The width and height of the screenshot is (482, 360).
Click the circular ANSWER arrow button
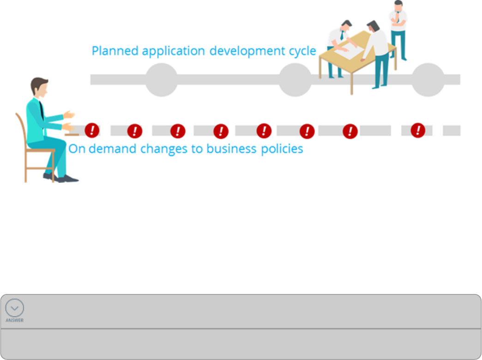coord(15,307)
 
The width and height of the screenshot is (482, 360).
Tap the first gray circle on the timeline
coord(162,79)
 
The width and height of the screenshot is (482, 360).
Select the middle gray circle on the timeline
coord(295,79)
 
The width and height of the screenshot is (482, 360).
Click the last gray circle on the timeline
coord(428,79)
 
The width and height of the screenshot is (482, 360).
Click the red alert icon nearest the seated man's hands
coord(92,131)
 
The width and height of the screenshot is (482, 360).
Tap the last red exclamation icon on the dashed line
coord(418,130)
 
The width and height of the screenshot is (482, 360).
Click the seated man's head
coord(39,88)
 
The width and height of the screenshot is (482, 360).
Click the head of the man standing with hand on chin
coord(398,5)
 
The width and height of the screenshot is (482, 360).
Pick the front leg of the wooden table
coord(352,81)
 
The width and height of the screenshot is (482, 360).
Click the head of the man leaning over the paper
coord(374,27)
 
